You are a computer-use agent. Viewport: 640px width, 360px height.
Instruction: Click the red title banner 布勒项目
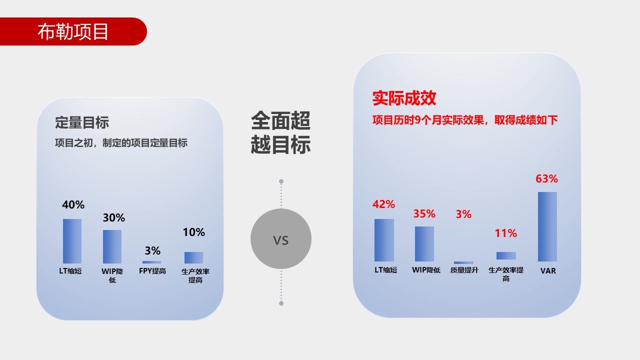point(73,31)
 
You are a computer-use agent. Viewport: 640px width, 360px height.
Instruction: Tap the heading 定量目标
point(82,122)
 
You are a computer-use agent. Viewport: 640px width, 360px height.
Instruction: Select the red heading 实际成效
point(404,98)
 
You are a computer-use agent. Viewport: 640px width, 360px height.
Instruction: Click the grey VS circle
point(281,239)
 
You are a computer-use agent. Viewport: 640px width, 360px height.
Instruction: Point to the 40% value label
point(73,204)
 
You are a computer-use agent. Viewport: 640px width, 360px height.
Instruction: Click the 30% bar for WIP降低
point(112,246)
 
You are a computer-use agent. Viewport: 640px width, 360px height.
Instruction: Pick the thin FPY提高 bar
point(151,262)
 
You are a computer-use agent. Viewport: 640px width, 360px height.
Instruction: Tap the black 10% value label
point(193,232)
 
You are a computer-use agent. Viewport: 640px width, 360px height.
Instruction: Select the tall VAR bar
point(547,226)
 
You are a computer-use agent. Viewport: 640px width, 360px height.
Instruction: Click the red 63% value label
point(546,179)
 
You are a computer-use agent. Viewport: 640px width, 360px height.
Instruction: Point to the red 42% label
point(383,204)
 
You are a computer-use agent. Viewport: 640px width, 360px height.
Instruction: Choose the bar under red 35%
point(424,244)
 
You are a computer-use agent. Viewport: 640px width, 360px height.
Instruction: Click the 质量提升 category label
point(464,270)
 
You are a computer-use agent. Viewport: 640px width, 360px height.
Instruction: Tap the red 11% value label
point(505,233)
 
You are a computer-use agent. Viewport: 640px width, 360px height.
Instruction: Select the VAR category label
point(548,271)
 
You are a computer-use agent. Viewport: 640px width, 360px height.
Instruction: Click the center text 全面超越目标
point(280,132)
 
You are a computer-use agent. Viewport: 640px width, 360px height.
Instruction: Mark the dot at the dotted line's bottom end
point(281,303)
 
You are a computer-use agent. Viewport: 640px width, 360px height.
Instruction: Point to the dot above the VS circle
point(281,181)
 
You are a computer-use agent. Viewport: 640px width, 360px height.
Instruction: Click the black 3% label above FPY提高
point(152,251)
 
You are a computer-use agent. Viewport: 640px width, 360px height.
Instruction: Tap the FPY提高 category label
point(152,271)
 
